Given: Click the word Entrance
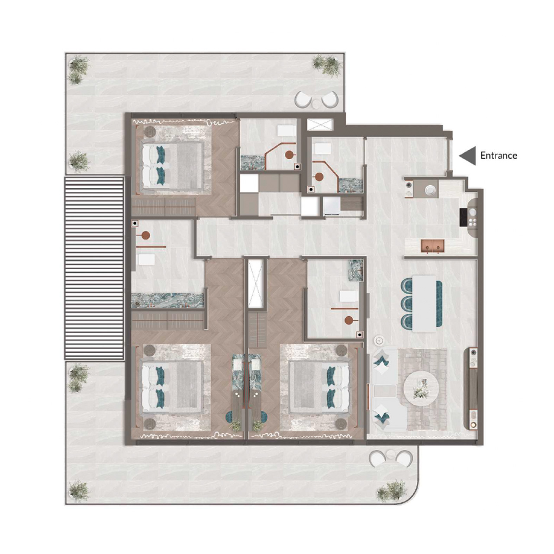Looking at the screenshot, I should tap(499, 155).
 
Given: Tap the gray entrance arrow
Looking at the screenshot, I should tap(467, 155).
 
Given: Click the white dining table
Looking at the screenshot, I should tap(424, 303).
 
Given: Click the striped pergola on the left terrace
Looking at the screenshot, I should tap(94, 268).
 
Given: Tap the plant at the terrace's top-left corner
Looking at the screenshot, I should tap(78, 69).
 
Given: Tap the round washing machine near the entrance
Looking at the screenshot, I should tap(430, 190).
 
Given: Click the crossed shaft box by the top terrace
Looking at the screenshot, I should tap(319, 124).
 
